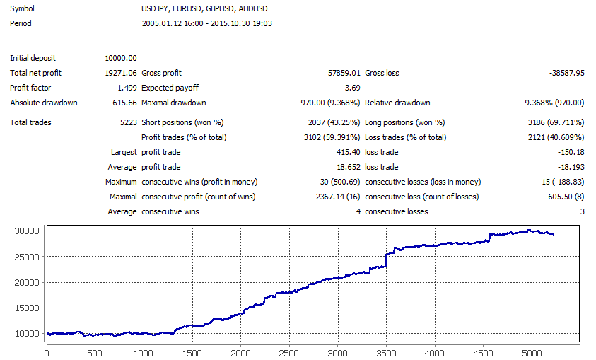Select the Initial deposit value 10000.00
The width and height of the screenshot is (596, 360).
click(x=120, y=58)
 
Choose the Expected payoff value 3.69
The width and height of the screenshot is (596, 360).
click(x=352, y=88)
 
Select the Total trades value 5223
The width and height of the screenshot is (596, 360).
click(x=127, y=122)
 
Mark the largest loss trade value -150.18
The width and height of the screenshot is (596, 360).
click(x=570, y=152)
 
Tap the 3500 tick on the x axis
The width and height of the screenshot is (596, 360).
click(x=385, y=352)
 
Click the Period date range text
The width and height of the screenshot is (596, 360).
click(x=207, y=23)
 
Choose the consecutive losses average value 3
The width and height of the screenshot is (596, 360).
click(x=582, y=211)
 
